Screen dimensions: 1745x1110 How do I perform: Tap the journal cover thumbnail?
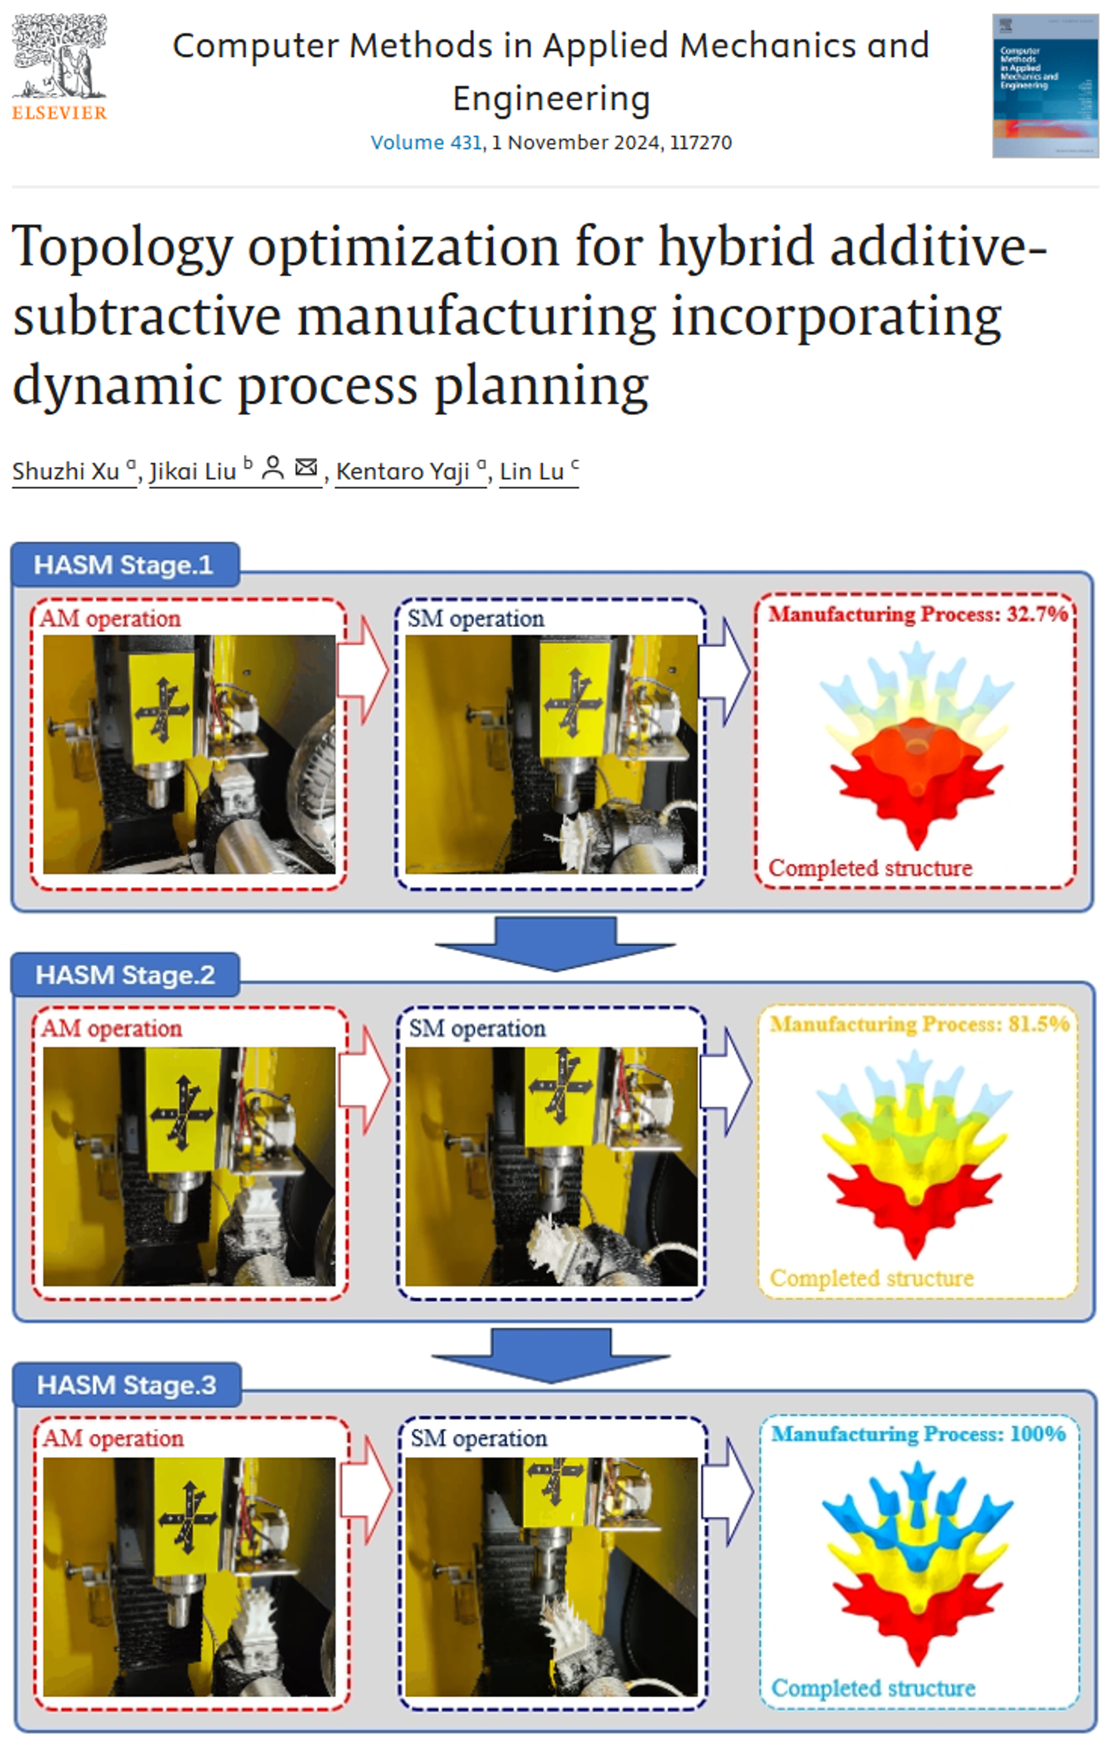(x=1045, y=85)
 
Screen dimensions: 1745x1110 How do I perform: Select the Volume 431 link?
(x=426, y=142)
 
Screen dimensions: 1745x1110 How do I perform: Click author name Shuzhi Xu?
(x=66, y=471)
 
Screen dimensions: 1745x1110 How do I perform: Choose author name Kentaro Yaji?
(x=403, y=471)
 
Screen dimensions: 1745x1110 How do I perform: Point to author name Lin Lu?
(x=532, y=471)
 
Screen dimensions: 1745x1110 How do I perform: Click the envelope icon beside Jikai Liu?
(x=307, y=468)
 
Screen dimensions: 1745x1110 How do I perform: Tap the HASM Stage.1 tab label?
(x=124, y=565)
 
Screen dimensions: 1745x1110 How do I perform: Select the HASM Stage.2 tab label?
(x=125, y=975)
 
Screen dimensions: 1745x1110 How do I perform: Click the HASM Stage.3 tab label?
(x=127, y=1385)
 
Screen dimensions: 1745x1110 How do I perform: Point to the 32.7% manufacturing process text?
(x=918, y=615)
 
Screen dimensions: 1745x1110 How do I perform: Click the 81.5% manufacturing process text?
(x=920, y=1024)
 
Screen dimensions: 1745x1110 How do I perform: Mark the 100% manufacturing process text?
(x=918, y=1434)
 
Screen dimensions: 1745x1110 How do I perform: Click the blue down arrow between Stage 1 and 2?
(x=555, y=942)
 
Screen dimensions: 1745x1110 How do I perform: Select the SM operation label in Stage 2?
(x=477, y=1028)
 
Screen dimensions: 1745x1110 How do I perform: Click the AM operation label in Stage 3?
(x=113, y=1438)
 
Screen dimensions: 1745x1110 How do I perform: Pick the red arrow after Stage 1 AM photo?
(x=364, y=670)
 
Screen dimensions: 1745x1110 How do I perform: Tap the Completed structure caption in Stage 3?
(x=873, y=1687)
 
